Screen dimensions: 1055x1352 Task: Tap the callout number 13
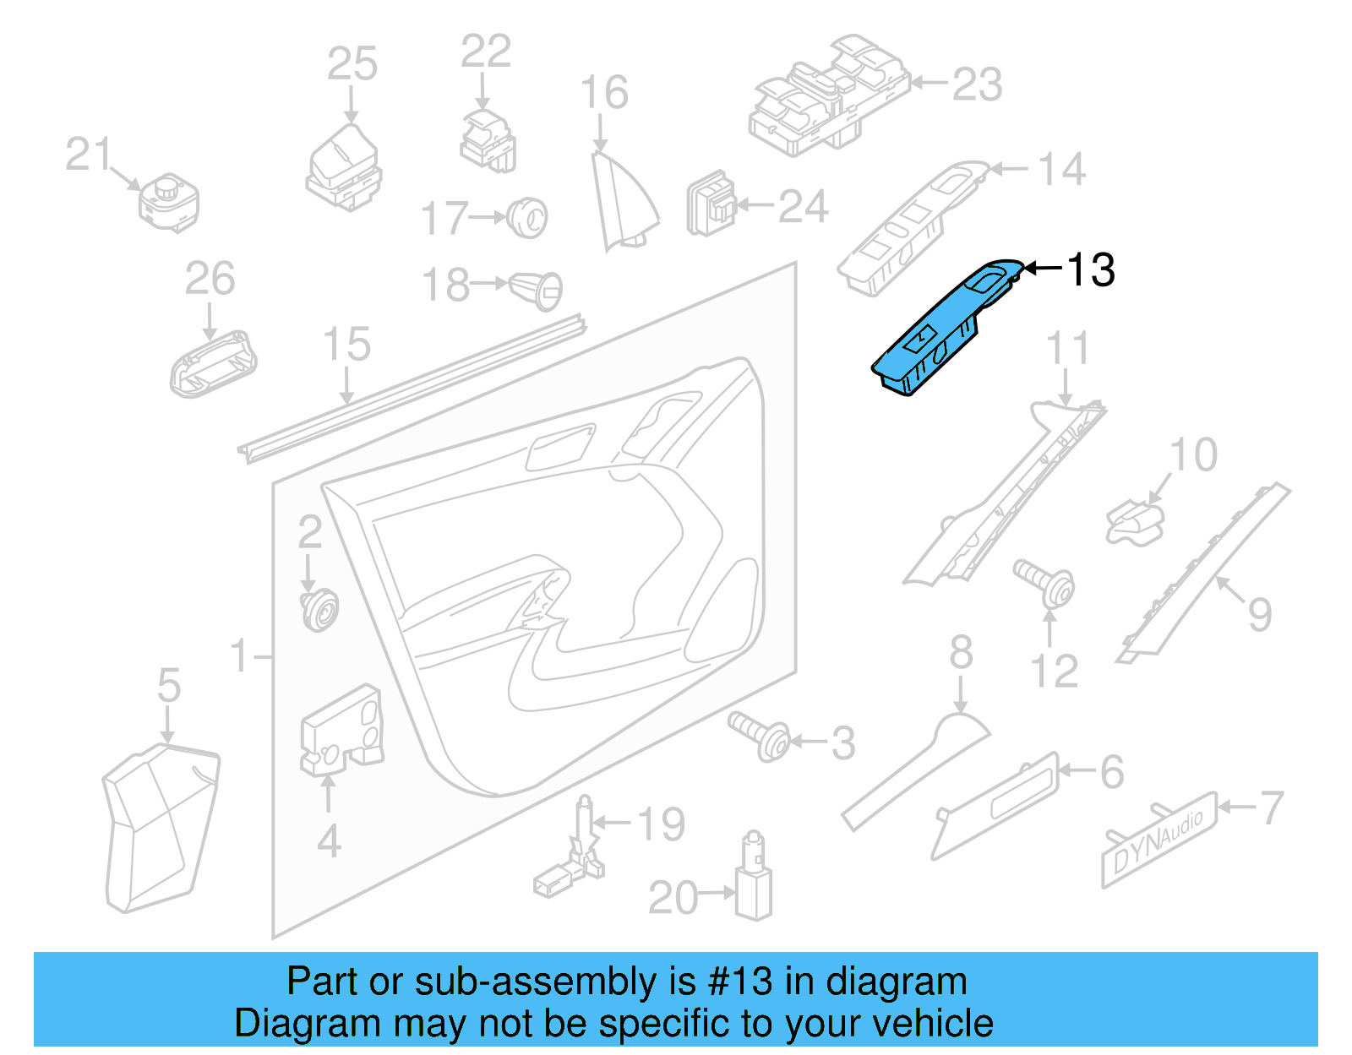coord(1091,270)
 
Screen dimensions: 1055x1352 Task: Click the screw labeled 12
coord(1046,582)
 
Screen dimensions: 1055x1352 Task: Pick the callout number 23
coord(978,84)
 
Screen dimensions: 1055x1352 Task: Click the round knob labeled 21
coord(169,204)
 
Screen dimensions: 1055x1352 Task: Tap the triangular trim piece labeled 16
coord(623,203)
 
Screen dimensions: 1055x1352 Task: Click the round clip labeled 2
coord(319,610)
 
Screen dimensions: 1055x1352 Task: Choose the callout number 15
coord(346,345)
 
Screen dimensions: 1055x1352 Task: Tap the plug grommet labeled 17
coord(528,217)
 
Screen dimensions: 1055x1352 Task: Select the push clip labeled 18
coord(537,289)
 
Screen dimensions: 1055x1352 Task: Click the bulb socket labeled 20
coord(753,878)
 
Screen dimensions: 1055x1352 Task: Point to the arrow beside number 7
coord(1237,807)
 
